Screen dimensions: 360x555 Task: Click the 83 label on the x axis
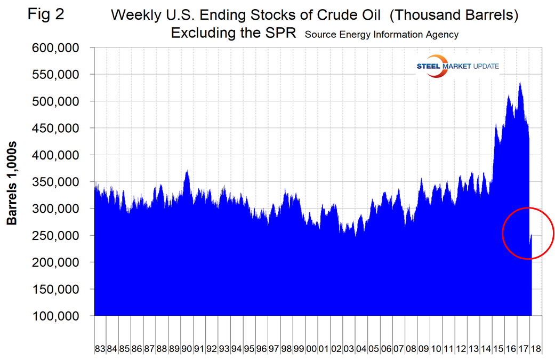click(x=100, y=349)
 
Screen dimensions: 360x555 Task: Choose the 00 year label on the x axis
click(x=311, y=349)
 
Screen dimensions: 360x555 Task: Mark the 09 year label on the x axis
click(x=423, y=349)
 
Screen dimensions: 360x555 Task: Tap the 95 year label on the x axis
click(x=249, y=349)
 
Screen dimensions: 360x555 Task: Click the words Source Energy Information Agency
click(x=382, y=35)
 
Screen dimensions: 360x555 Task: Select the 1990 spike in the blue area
click(x=187, y=171)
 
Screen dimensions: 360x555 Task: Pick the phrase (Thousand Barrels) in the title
click(x=454, y=15)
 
